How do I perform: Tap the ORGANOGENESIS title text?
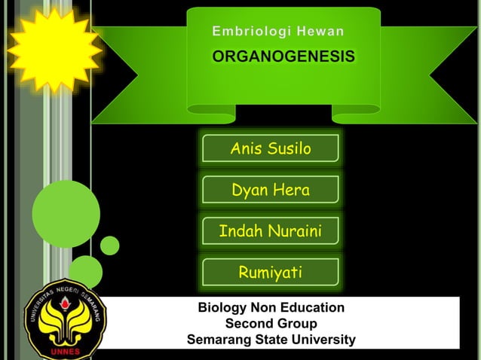(x=284, y=58)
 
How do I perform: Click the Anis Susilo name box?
(x=270, y=149)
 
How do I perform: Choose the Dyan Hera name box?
(x=270, y=191)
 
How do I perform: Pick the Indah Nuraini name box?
(x=270, y=231)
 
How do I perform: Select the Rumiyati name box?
(x=270, y=272)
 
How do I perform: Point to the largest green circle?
(x=66, y=214)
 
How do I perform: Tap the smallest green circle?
(x=110, y=246)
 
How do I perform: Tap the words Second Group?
(x=271, y=324)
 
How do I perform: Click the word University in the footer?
(x=321, y=340)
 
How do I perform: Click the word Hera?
(x=291, y=191)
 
